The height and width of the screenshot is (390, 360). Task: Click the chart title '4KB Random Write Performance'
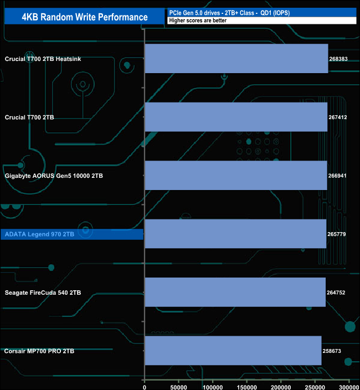pyautogui.click(x=85, y=17)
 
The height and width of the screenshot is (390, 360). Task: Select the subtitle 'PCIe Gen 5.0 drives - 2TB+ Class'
pyautogui.click(x=212, y=13)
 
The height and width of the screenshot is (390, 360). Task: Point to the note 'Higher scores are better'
pyautogui.click(x=198, y=20)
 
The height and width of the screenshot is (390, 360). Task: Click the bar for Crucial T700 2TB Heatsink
pyautogui.click(x=236, y=59)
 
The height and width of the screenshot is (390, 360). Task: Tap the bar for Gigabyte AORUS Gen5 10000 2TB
pyautogui.click(x=236, y=176)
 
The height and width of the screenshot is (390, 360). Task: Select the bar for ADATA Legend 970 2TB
pyautogui.click(x=235, y=234)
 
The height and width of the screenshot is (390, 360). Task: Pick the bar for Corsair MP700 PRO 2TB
pyautogui.click(x=233, y=351)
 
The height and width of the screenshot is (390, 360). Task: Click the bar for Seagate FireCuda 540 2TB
pyautogui.click(x=235, y=292)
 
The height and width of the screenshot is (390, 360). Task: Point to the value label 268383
pyautogui.click(x=338, y=59)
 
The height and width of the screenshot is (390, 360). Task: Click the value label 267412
pyautogui.click(x=338, y=117)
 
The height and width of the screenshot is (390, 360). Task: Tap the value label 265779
pyautogui.click(x=337, y=234)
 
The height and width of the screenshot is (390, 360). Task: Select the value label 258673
pyautogui.click(x=332, y=351)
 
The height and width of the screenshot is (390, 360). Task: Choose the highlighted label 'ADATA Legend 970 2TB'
pyautogui.click(x=39, y=234)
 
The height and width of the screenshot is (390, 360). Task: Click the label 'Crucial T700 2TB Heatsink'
pyautogui.click(x=43, y=59)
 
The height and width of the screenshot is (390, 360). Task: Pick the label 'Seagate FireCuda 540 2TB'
pyautogui.click(x=43, y=292)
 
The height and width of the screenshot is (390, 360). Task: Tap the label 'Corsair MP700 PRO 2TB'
pyautogui.click(x=39, y=351)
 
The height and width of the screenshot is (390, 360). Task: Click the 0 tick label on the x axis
pyautogui.click(x=145, y=387)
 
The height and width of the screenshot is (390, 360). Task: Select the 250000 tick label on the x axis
pyautogui.click(x=315, y=387)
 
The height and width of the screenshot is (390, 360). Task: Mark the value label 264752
pyautogui.click(x=336, y=292)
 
